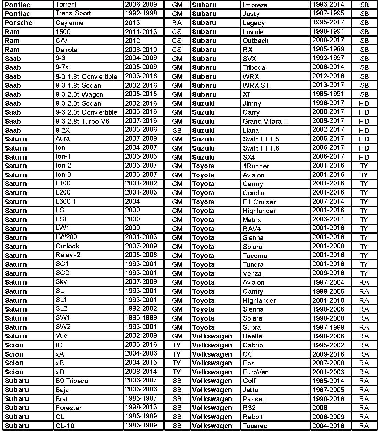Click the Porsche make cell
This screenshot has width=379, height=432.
[x=19, y=23]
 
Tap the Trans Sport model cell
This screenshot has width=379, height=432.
[x=73, y=13]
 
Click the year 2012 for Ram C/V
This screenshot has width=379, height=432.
[x=132, y=41]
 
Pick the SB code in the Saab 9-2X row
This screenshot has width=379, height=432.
[x=177, y=130]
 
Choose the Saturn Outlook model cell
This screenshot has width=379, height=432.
[x=67, y=246]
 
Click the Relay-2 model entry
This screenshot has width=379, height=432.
[x=68, y=255]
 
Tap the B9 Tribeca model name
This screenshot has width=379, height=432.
[x=72, y=381]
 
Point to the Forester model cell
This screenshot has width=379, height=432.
[x=68, y=408]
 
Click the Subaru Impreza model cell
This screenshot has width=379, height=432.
[x=255, y=5]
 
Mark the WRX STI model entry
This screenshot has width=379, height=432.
[x=257, y=85]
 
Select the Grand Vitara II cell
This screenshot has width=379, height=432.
[x=265, y=121]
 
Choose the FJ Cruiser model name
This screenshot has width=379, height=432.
[x=259, y=202]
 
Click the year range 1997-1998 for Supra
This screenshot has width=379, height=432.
[x=328, y=327]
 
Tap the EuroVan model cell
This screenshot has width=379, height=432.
[x=256, y=372]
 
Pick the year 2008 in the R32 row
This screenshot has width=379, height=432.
[x=320, y=408]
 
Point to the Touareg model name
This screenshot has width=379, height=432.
[x=255, y=426]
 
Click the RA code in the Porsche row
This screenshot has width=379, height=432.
[x=177, y=23]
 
